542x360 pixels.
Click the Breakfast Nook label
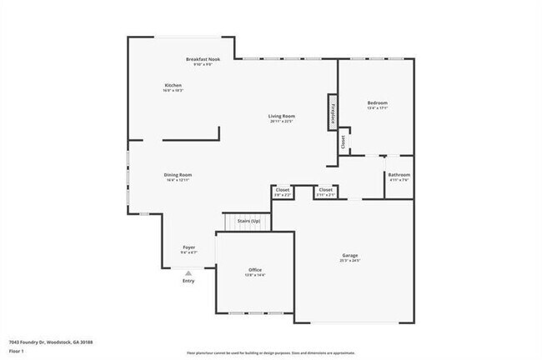tap(203, 59)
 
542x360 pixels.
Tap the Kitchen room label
tap(173, 86)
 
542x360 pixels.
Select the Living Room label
tap(282, 116)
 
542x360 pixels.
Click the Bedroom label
tap(378, 102)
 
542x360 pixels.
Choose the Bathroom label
tap(399, 174)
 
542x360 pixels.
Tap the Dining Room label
tap(178, 174)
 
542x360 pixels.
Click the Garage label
tap(350, 255)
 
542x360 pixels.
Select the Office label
tap(255, 270)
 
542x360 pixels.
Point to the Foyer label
tap(189, 247)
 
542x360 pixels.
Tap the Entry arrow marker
tap(188, 272)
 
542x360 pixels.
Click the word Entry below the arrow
tap(188, 281)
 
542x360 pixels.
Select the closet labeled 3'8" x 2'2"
tap(283, 192)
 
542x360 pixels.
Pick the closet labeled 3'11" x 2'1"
tap(324, 192)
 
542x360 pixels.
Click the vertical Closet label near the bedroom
tap(343, 142)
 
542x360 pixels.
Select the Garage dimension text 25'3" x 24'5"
tap(350, 261)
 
